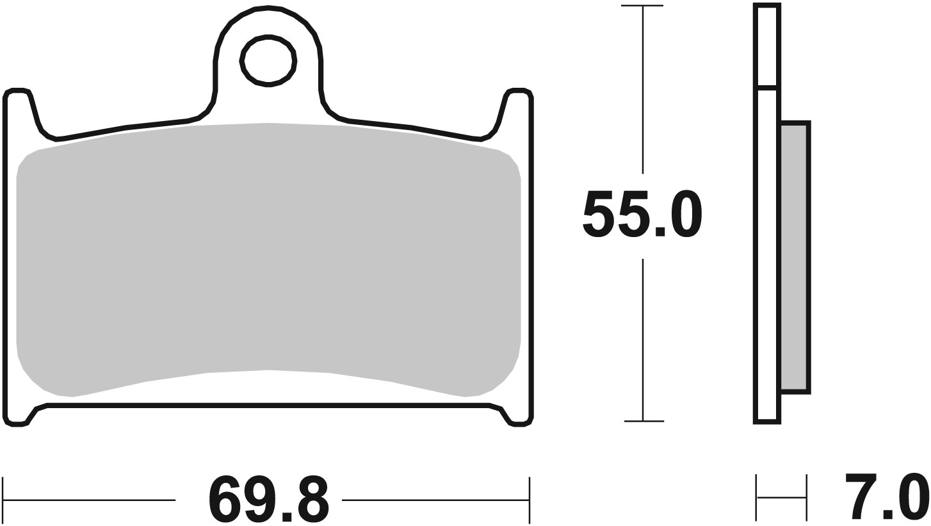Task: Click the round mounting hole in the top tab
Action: pos(268,61)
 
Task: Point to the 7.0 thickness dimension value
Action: pos(887,498)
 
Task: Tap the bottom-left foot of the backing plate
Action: pos(18,420)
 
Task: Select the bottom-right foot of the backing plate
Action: pos(519,420)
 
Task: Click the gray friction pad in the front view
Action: pos(268,256)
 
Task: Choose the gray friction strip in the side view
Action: pos(795,256)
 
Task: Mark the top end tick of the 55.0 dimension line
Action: pos(642,6)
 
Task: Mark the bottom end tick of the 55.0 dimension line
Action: pos(644,421)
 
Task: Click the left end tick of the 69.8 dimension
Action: pos(4,499)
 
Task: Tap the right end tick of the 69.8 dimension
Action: pos(530,499)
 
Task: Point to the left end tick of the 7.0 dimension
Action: pos(757,497)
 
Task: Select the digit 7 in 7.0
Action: pos(861,498)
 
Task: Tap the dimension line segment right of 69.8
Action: pos(435,499)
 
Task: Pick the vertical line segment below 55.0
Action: pos(643,340)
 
